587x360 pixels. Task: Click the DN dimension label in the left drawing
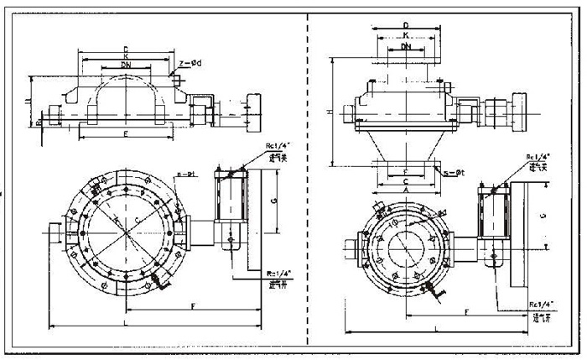click(x=125, y=64)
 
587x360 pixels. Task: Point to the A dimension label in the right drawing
click(x=406, y=190)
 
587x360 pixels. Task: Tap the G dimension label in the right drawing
click(x=543, y=215)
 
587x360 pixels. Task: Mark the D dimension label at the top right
click(x=406, y=25)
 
